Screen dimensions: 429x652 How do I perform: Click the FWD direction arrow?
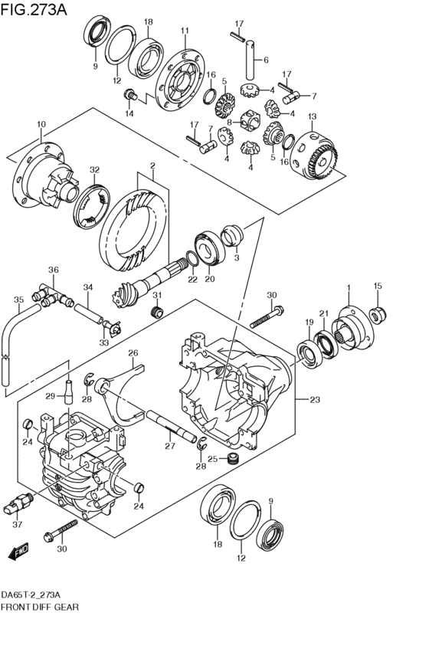(18, 552)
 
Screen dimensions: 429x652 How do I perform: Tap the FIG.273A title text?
(34, 10)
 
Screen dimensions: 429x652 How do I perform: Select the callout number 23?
(315, 400)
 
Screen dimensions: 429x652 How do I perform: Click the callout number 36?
(53, 270)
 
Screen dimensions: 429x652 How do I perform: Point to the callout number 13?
(313, 116)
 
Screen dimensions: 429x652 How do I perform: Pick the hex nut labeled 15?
(378, 315)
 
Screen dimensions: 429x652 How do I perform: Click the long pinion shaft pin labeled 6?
(249, 60)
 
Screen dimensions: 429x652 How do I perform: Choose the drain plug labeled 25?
(234, 459)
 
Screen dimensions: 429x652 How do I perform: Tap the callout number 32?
(95, 169)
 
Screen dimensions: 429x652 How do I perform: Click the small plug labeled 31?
(158, 312)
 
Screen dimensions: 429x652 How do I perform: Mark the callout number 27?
(170, 446)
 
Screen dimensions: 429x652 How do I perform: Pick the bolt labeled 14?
(130, 95)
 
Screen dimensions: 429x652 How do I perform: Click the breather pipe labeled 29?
(67, 392)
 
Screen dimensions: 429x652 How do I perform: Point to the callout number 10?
(41, 124)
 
